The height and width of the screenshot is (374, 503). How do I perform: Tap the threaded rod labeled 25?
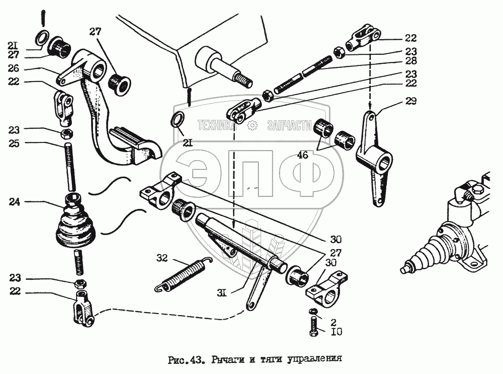[68, 166]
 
